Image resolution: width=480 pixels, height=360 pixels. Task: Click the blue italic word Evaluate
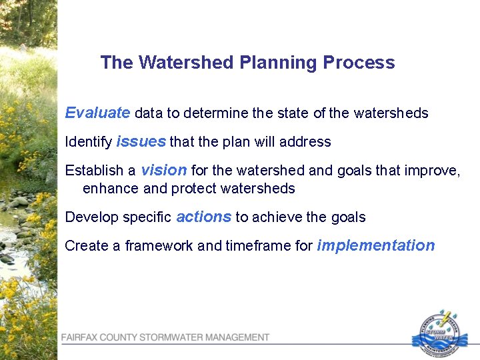97,113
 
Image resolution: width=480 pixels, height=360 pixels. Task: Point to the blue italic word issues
141,141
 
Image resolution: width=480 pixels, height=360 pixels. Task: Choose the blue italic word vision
164,170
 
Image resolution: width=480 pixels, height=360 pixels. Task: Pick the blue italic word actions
204,217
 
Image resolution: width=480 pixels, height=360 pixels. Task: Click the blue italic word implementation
376,245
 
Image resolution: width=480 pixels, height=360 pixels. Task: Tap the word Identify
89,142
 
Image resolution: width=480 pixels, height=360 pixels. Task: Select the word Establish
94,171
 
